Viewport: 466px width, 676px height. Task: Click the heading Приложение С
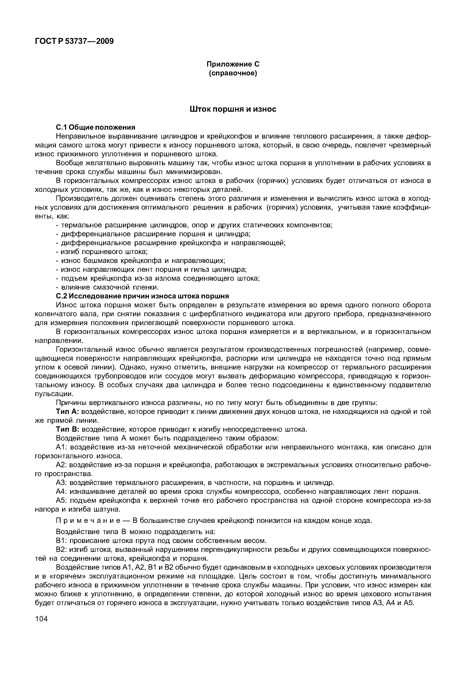coord(233,64)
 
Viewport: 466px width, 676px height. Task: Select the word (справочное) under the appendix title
coord(233,73)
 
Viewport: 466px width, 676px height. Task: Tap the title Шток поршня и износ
coord(233,109)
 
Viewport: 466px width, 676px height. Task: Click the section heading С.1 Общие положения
coord(95,127)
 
